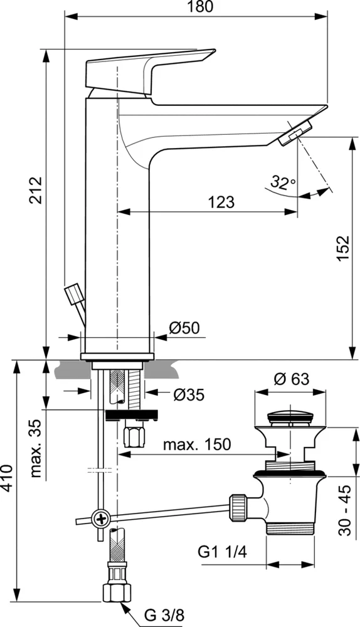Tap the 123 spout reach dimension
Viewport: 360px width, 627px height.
click(x=221, y=202)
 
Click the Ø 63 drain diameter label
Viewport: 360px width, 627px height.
click(x=292, y=379)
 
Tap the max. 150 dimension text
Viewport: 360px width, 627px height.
click(x=196, y=445)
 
